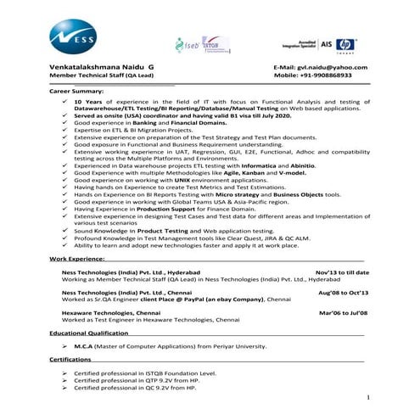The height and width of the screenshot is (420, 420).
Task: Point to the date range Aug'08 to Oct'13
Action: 343,292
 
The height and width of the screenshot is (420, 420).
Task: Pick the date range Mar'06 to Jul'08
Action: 343,312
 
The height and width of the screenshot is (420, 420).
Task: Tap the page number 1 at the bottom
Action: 368,396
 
